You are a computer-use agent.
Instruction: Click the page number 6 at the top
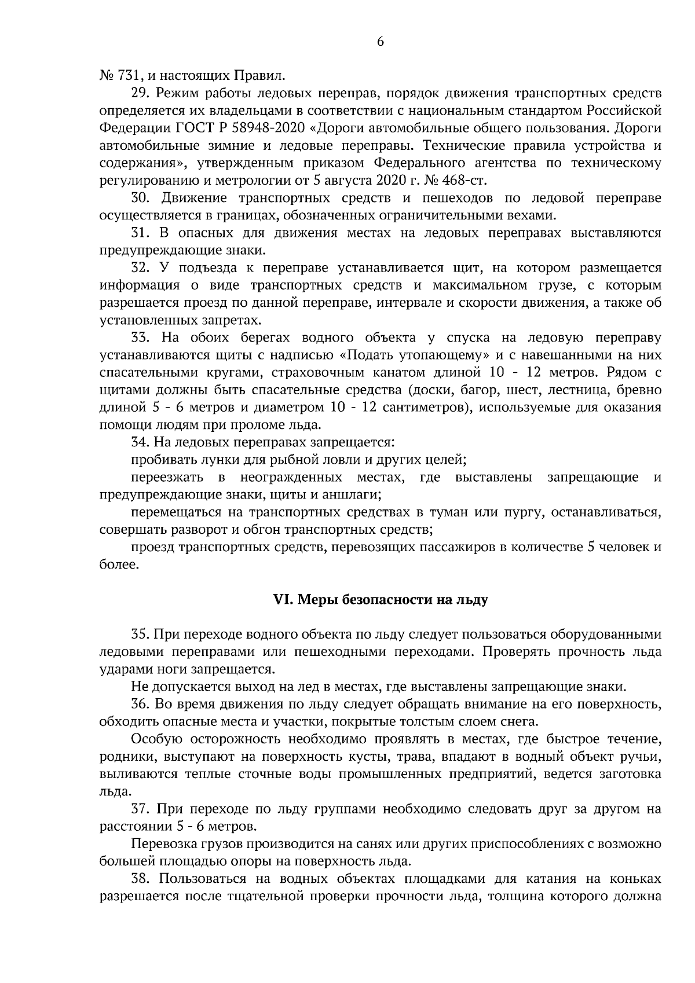point(380,41)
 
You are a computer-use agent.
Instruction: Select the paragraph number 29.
point(141,93)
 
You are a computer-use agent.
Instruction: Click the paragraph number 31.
point(141,233)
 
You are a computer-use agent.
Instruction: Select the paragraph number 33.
point(141,338)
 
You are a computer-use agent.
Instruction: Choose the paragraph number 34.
point(141,442)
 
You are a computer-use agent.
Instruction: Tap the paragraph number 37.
point(141,809)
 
